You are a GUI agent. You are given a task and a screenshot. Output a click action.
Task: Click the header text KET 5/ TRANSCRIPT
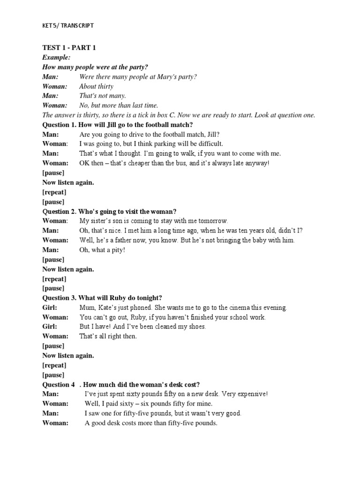(67, 25)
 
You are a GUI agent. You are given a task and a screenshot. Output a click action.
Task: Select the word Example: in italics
(56, 57)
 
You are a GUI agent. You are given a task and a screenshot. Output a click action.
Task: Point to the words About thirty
(96, 86)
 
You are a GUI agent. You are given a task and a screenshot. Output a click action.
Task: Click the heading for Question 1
(118, 125)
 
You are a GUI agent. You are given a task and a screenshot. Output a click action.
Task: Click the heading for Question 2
(109, 211)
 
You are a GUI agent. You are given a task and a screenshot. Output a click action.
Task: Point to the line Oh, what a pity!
(102, 250)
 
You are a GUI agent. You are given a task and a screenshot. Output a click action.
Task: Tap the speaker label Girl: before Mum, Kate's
(50, 307)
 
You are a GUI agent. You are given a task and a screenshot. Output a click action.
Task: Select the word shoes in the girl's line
(196, 327)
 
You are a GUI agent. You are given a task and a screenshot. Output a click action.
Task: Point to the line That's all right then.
(108, 336)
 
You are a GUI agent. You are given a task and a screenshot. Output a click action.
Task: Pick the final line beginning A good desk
(151, 423)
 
